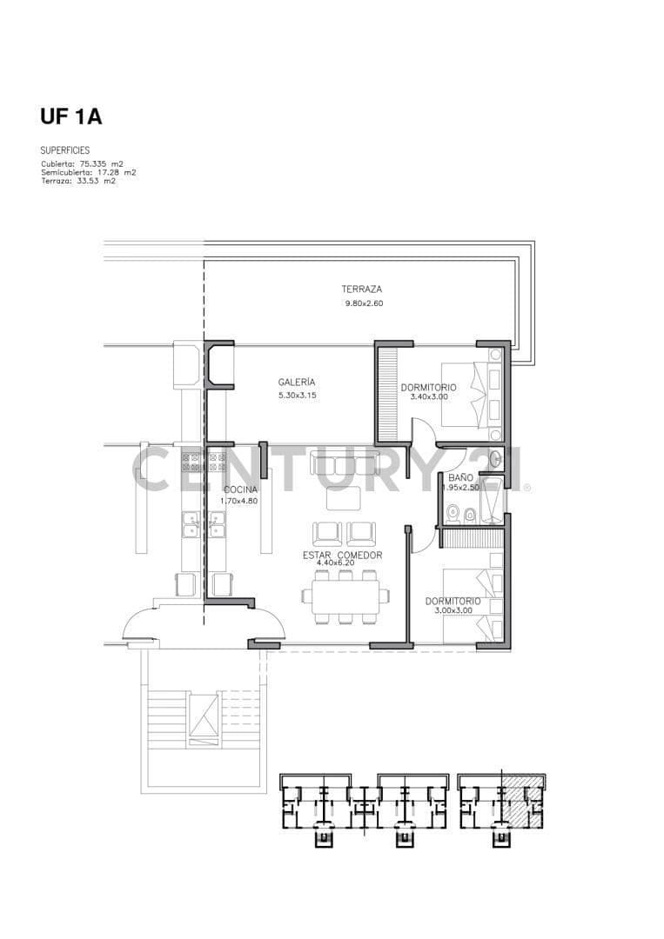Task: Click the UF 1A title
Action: click(70, 117)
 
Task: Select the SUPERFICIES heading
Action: click(64, 150)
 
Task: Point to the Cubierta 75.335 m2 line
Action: click(83, 163)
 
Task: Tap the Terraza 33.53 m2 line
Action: click(78, 180)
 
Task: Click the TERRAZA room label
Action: click(362, 290)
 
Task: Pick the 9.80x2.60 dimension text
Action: click(364, 303)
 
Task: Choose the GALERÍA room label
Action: click(297, 382)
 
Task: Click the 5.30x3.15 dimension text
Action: click(298, 396)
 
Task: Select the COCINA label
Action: click(240, 489)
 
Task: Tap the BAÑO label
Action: click(461, 478)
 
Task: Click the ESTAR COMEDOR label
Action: click(342, 555)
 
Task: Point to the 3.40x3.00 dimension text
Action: click(429, 396)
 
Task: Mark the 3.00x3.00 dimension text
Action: click(453, 610)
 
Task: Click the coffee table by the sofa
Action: click(344, 497)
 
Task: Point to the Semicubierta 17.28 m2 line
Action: click(89, 172)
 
